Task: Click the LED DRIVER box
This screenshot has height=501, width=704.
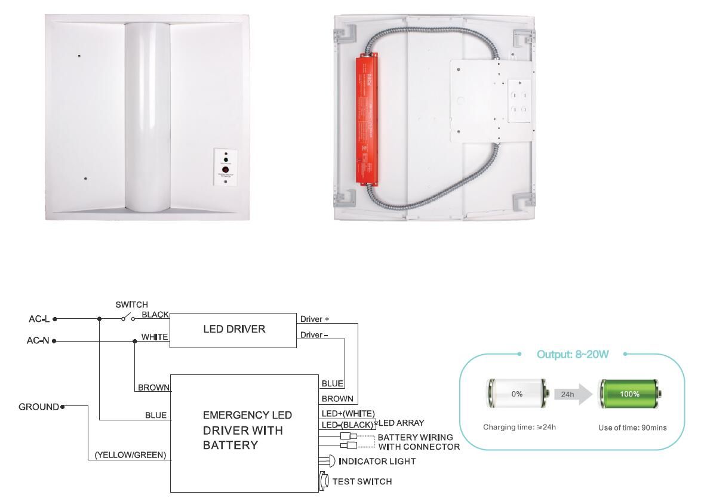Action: [x=233, y=329]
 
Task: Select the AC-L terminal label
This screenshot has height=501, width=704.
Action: [x=39, y=319]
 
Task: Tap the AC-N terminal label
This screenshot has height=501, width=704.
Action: [x=38, y=341]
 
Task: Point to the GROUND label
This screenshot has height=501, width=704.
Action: [x=39, y=407]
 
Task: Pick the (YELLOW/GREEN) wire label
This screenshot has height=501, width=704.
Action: [x=130, y=456]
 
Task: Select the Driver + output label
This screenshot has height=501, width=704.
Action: [x=315, y=319]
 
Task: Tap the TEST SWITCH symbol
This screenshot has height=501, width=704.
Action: [x=324, y=481]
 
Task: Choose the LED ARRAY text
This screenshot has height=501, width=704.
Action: [x=402, y=423]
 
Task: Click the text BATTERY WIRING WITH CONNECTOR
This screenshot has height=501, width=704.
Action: [x=418, y=442]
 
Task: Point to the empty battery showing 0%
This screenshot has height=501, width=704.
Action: [x=517, y=394]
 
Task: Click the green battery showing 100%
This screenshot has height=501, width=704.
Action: [x=629, y=394]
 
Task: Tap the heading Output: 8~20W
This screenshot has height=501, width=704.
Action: [x=572, y=354]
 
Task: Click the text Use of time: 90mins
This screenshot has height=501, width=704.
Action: [x=632, y=428]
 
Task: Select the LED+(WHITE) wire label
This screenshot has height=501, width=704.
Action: [x=348, y=413]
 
